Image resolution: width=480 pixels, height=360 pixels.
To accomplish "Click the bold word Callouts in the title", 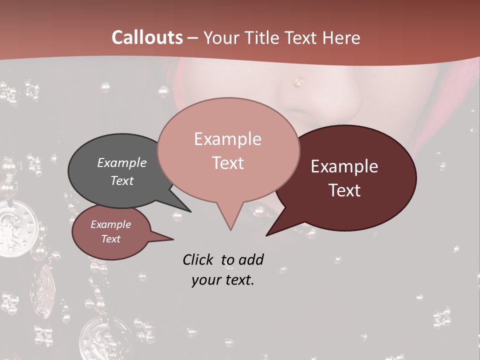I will pos(147,37).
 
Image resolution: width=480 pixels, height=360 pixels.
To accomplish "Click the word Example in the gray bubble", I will pos(121,162).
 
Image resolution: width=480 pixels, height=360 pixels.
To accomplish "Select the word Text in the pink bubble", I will pos(228,163).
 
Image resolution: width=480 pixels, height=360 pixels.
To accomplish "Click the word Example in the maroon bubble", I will pos(344,166).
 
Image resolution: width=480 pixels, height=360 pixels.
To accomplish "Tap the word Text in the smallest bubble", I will pos(110,239).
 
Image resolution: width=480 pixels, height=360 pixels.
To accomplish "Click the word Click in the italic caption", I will pos(199,259).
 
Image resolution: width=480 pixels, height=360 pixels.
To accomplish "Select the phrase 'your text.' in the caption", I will pos(222,280).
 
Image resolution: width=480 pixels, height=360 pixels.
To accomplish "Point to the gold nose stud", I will pos(299,80).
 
